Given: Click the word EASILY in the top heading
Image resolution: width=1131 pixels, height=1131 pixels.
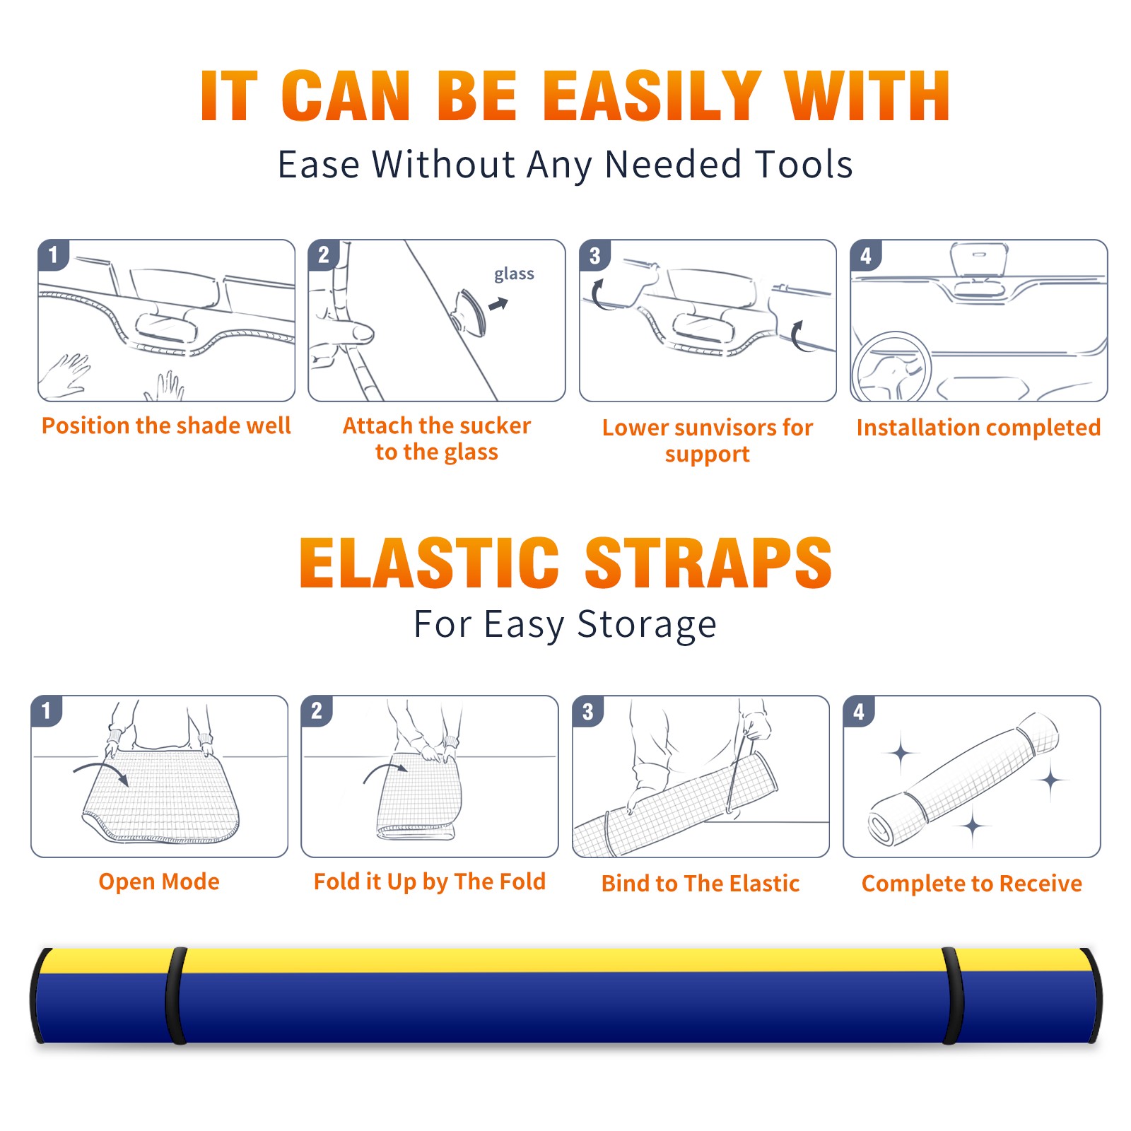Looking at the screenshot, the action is point(652,95).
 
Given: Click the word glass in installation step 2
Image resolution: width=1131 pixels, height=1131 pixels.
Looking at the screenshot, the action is point(514,274).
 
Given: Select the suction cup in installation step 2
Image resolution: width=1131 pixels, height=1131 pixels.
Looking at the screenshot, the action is point(471,311).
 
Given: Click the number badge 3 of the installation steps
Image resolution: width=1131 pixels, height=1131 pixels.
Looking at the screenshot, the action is point(594,256).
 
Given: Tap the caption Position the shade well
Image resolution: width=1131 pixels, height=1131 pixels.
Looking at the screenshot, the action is point(166,426).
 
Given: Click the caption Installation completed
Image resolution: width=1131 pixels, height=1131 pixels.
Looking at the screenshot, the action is point(978,428).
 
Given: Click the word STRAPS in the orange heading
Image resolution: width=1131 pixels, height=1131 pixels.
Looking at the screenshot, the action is point(708,563).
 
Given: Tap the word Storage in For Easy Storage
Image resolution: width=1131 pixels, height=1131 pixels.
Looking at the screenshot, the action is point(647,625).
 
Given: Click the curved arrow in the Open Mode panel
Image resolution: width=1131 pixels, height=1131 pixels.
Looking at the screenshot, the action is point(101,773).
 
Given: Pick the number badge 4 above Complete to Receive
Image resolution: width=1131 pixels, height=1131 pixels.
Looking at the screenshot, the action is point(859,711).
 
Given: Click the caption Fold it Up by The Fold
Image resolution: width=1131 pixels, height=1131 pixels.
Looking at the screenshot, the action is point(430,881).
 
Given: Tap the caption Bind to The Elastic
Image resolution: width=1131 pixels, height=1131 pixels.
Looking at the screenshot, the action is point(701,884).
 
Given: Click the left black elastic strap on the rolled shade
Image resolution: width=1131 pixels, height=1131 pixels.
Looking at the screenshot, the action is point(176,995).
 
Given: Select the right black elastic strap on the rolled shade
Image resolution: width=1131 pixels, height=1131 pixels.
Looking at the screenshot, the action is point(953,995).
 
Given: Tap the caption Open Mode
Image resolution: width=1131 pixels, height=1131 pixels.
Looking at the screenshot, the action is point(159,881).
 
